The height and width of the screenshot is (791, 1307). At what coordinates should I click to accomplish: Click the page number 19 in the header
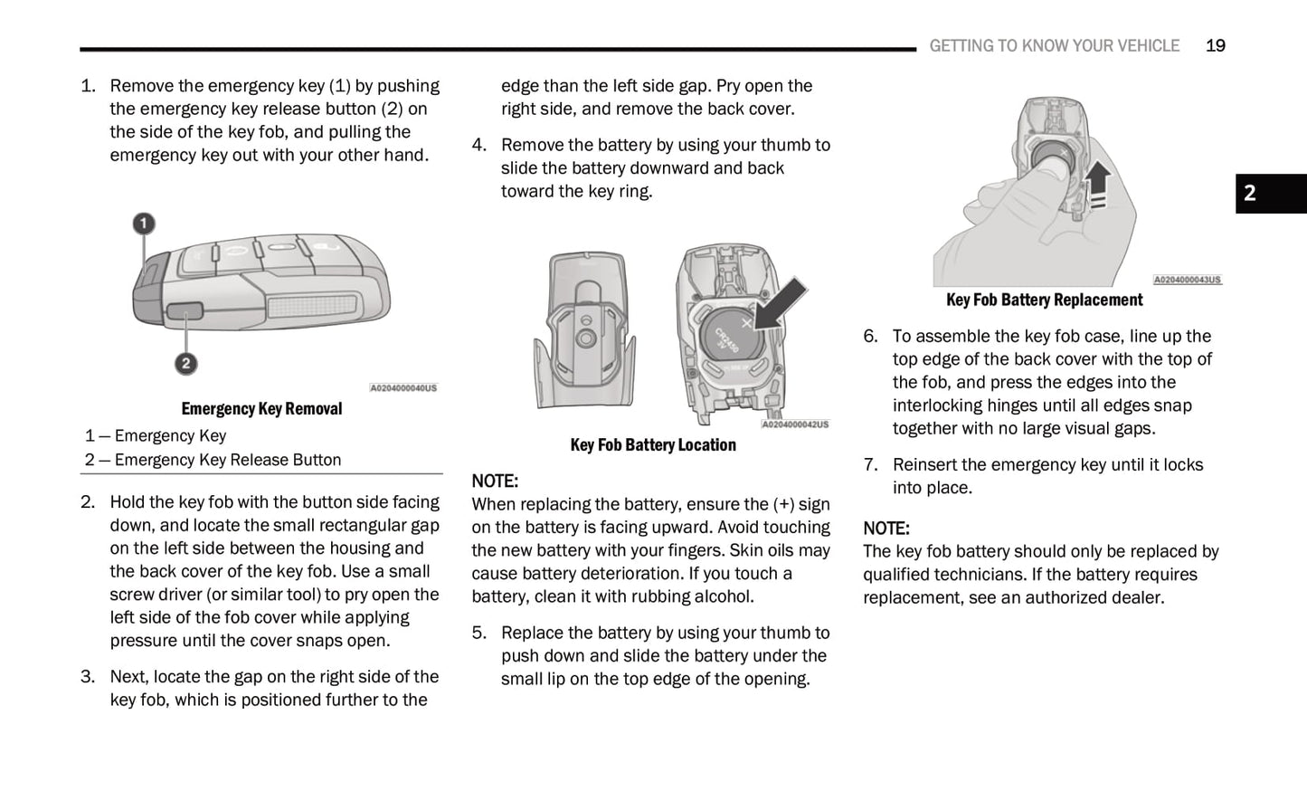(1215, 45)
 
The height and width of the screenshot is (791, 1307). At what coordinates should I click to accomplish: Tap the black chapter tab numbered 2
(1270, 193)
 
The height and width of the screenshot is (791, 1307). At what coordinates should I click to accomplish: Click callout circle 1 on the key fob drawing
(144, 224)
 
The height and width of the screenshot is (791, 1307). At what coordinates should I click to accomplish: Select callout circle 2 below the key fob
(185, 364)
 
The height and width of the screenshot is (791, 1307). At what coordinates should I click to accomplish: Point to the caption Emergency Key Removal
(261, 409)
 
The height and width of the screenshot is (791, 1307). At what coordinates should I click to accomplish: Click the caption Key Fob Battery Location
(652, 445)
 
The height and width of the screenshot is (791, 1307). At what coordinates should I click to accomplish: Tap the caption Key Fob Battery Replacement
(1044, 300)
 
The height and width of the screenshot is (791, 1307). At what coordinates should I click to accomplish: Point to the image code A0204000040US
(403, 388)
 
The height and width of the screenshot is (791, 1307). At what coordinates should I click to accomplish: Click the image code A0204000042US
(794, 424)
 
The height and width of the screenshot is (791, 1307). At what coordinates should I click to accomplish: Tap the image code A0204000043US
(1187, 281)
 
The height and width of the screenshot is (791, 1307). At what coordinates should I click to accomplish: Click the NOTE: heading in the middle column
(495, 481)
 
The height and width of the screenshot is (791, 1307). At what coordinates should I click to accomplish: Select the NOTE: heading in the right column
(886, 529)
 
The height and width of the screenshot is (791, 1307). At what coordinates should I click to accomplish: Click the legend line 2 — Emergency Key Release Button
(213, 460)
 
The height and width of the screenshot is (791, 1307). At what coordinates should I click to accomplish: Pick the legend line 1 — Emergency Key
(156, 436)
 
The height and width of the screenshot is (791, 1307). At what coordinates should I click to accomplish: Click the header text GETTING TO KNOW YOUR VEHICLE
(1054, 45)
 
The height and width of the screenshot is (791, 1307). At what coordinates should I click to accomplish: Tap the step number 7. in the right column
(870, 465)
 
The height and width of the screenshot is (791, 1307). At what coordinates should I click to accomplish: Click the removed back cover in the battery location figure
(585, 330)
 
